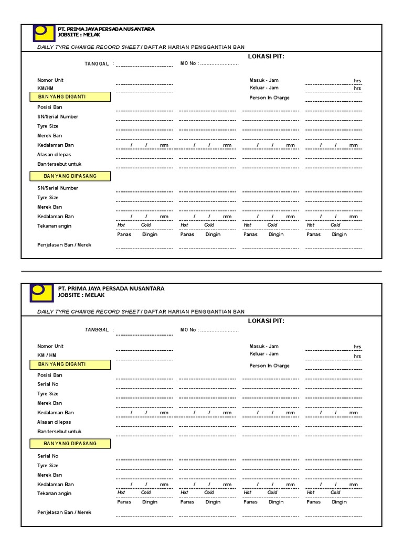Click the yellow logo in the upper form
click(43, 33)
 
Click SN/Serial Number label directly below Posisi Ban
click(58, 116)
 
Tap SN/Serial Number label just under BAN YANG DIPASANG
click(58, 188)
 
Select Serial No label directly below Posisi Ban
click(48, 384)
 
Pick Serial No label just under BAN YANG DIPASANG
click(48, 456)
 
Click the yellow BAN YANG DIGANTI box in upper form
click(70, 97)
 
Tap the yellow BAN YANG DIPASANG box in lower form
click(70, 444)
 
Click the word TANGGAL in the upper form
click(97, 63)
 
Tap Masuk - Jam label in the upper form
click(264, 80)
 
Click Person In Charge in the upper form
click(269, 98)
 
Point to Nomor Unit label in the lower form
click(50, 346)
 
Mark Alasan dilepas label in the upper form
click(54, 155)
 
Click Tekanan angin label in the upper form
click(54, 226)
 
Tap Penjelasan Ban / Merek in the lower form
click(64, 512)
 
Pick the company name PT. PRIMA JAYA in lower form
click(111, 288)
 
